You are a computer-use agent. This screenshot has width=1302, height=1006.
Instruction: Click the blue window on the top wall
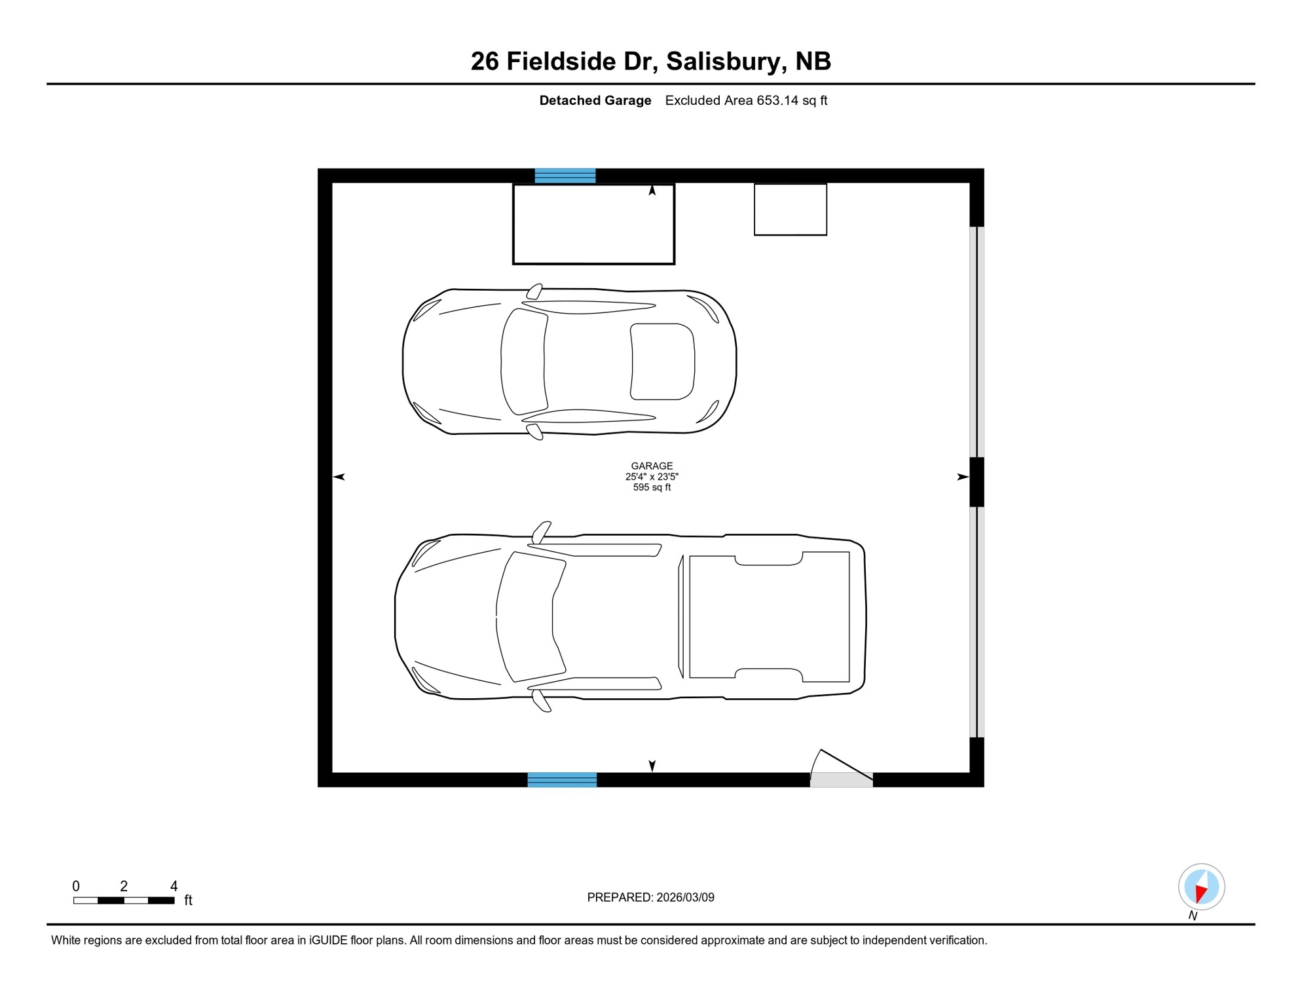[565, 176]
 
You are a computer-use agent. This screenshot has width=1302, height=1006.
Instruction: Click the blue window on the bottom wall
[562, 779]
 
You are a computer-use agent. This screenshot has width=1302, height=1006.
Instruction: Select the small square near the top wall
[790, 210]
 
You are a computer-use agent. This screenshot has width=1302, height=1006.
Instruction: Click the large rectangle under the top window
[593, 225]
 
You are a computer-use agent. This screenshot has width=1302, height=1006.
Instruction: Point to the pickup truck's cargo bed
[770, 616]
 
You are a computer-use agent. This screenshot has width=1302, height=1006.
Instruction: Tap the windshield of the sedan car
[523, 362]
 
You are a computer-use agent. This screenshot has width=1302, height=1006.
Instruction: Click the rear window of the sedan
[662, 362]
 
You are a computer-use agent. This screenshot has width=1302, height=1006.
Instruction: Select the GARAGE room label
[652, 466]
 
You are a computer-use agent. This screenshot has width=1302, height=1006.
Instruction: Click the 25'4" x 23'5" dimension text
[652, 477]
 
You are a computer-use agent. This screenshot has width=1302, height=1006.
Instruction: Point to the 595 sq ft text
[652, 488]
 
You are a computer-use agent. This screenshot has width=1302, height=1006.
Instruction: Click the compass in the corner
[1201, 887]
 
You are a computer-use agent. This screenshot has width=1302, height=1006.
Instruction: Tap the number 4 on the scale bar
[174, 886]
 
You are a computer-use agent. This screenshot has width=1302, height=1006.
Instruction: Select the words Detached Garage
[595, 101]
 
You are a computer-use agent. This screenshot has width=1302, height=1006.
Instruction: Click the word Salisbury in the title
[726, 62]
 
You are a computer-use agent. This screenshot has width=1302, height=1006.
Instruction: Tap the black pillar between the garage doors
[976, 482]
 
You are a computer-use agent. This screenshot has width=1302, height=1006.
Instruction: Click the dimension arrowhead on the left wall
[339, 477]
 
